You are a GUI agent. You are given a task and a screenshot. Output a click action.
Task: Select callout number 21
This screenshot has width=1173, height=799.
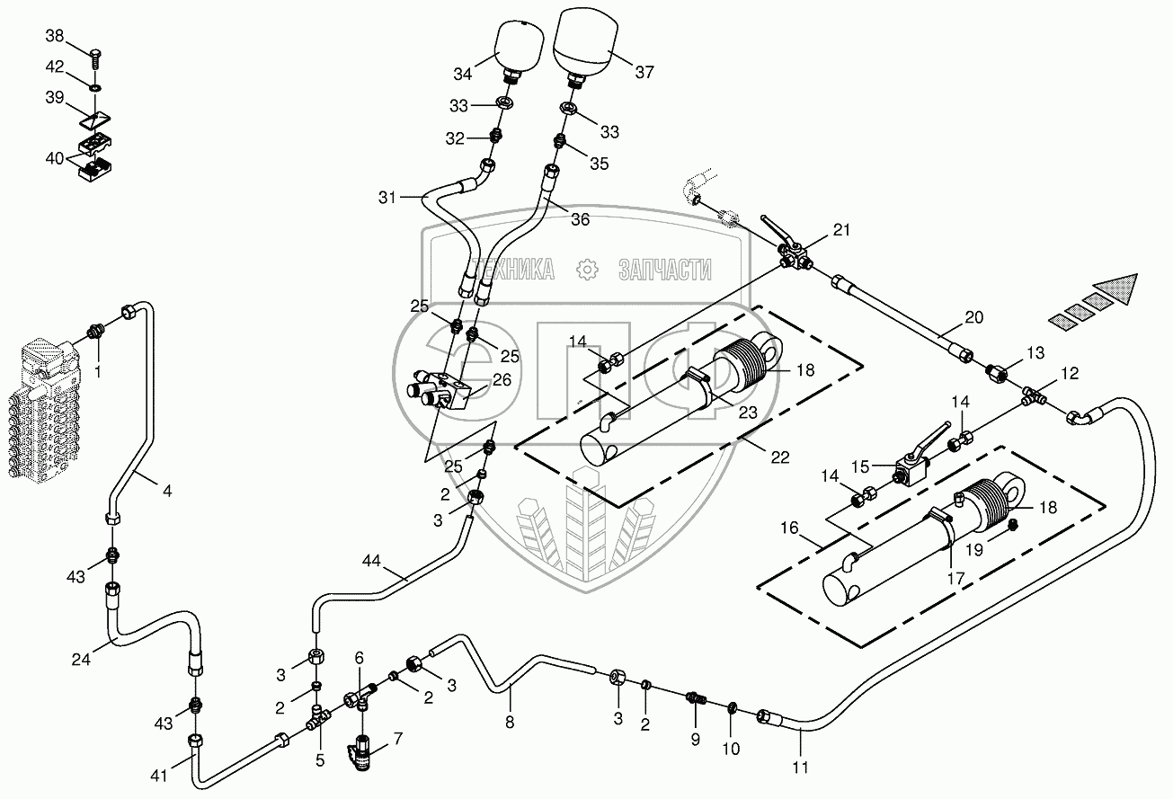pyautogui.click(x=840, y=230)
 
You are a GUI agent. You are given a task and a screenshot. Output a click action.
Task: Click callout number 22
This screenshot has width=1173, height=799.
pyautogui.click(x=779, y=457)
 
